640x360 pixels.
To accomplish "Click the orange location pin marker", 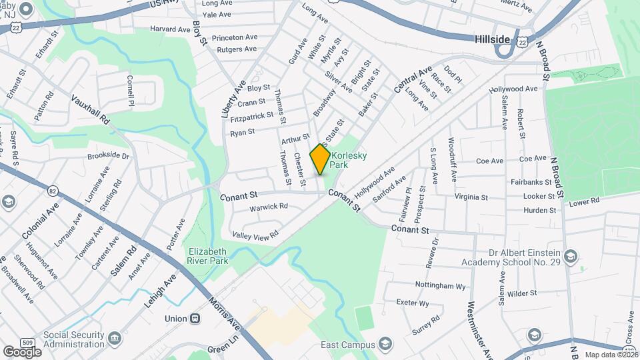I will coord(320,159).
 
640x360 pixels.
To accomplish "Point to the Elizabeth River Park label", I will coord(207,256).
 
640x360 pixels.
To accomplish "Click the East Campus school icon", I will coord(385,344).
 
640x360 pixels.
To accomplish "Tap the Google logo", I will coord(22,351).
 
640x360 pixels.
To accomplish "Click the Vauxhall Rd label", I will coord(91,110).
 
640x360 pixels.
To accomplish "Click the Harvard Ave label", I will coord(170,29).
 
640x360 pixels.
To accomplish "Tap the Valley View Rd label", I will coord(255,235).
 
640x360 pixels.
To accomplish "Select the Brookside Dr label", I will coord(108,155).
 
